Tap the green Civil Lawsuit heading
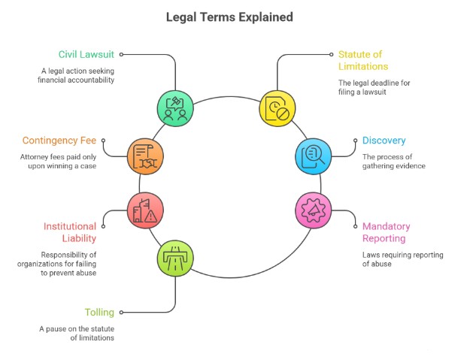click(x=86, y=54)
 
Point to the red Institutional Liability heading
click(x=69, y=232)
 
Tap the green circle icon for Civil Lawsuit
click(x=175, y=107)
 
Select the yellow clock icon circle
click(x=278, y=107)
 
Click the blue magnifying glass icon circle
click(x=313, y=155)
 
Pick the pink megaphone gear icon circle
click(x=313, y=210)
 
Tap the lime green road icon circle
click(x=175, y=259)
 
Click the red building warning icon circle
click(x=144, y=210)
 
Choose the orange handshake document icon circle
click(x=144, y=155)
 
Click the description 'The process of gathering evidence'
click(x=394, y=161)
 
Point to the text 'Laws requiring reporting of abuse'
click(x=402, y=259)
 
